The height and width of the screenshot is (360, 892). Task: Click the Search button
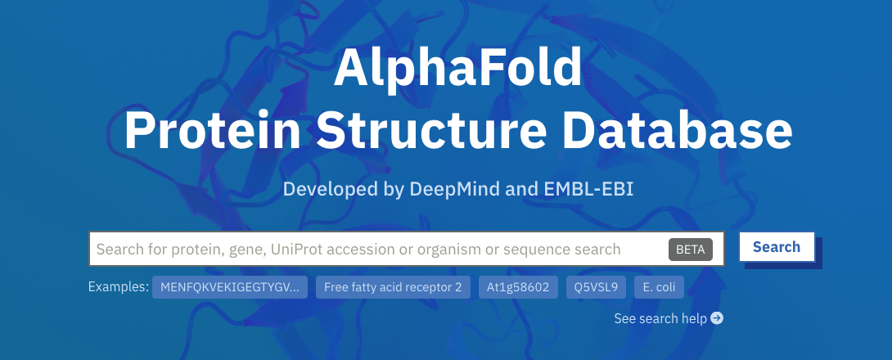click(x=777, y=247)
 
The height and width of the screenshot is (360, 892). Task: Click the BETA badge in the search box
click(x=691, y=249)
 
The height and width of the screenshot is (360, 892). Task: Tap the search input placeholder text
click(x=358, y=249)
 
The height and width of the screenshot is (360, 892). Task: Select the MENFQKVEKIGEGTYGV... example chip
click(x=230, y=287)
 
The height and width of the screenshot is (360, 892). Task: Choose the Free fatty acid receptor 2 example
click(x=393, y=287)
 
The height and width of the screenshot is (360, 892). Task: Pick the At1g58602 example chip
click(x=518, y=287)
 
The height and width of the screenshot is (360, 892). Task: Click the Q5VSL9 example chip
click(x=597, y=287)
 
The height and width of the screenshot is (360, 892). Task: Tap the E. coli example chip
click(x=659, y=287)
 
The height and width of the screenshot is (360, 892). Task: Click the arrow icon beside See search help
click(x=717, y=318)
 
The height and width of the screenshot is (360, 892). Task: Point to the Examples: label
click(x=119, y=286)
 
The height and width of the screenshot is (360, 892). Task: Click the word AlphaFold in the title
click(x=458, y=67)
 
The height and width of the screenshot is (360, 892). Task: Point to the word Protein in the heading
click(x=212, y=131)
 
